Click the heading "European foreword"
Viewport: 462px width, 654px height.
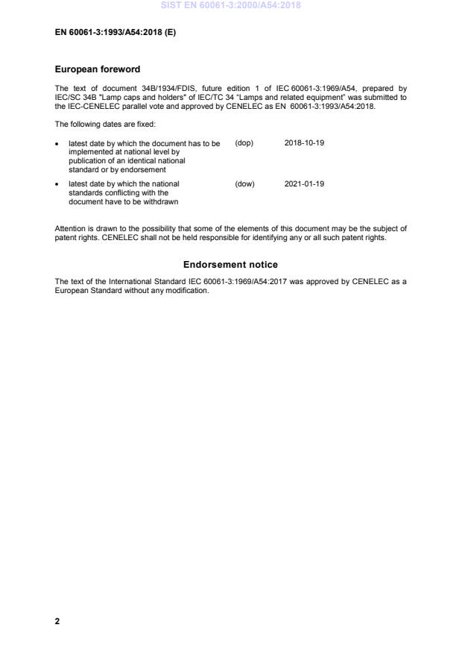pos(98,69)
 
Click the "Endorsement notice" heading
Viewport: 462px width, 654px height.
pos(230,265)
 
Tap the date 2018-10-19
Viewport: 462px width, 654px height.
pos(304,142)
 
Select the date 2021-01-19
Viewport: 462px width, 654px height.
pos(304,183)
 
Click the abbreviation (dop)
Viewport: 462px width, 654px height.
pos(244,142)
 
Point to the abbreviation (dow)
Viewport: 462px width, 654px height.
pos(244,183)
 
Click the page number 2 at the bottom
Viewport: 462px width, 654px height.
pos(57,620)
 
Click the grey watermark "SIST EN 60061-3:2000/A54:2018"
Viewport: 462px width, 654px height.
pos(230,5)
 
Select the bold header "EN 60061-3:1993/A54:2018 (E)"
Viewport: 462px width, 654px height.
pos(115,33)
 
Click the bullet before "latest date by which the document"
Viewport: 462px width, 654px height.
pos(57,143)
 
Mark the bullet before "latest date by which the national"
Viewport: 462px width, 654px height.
pos(57,184)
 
